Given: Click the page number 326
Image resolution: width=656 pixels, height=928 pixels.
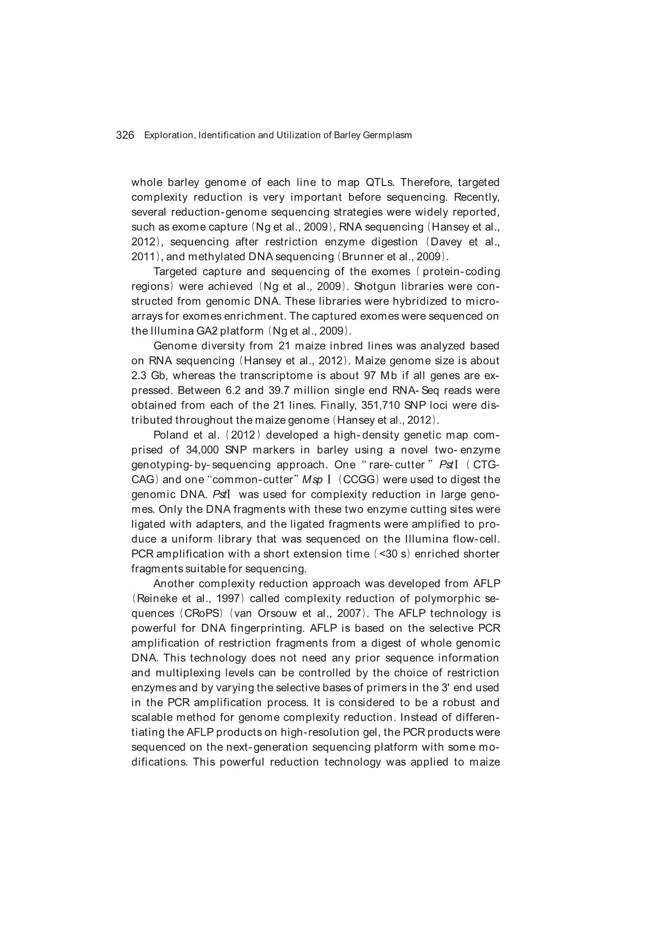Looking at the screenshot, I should [x=125, y=135].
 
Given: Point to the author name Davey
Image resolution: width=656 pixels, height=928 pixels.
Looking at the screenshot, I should [x=445, y=242].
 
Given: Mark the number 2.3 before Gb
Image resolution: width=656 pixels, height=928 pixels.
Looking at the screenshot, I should [x=139, y=376].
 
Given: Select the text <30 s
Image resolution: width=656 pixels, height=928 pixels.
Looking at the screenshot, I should [x=389, y=554].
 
